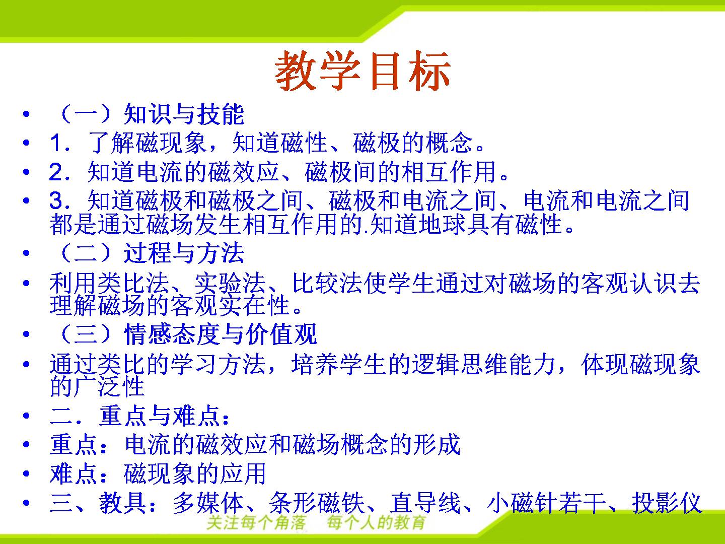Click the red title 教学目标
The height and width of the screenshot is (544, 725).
[x=362, y=71]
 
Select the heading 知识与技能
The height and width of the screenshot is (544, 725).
[x=184, y=114]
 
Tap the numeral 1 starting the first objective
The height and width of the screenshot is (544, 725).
[x=55, y=143]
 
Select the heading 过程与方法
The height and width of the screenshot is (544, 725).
[x=184, y=253]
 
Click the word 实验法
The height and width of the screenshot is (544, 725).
[x=230, y=283]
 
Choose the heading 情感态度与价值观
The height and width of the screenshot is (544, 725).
[x=221, y=334]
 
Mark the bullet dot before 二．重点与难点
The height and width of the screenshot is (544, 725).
[x=26, y=416]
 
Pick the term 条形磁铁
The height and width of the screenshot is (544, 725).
[x=317, y=503]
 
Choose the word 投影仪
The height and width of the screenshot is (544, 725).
[x=667, y=503]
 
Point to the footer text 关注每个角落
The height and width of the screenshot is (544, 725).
[x=256, y=523]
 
